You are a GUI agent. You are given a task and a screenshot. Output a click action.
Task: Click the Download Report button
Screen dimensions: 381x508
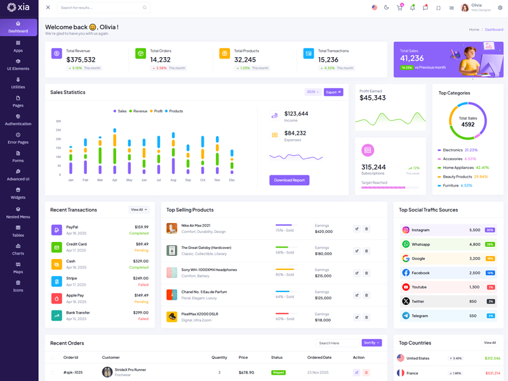tap(289, 180)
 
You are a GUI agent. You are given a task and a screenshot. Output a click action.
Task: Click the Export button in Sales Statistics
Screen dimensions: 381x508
tap(333, 92)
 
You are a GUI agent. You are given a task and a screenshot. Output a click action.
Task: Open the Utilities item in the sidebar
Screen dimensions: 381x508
tap(18, 83)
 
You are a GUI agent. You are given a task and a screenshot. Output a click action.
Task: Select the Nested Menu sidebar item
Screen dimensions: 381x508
tap(18, 213)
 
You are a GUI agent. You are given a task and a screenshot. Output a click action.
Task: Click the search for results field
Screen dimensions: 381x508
tap(102, 8)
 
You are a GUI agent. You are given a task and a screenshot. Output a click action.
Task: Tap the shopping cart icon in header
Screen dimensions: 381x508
tap(399, 8)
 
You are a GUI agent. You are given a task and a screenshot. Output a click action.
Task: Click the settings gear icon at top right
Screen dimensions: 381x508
tap(500, 8)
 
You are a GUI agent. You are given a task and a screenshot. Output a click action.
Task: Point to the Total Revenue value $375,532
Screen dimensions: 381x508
tap(81, 60)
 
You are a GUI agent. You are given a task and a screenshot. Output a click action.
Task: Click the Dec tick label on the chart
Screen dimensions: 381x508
tap(232, 180)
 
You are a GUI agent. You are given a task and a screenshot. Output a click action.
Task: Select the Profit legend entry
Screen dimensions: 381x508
tap(156, 111)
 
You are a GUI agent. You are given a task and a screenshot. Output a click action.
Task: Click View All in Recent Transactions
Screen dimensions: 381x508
tap(139, 210)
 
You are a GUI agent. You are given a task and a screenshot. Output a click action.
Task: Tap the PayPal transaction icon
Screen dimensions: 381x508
tap(57, 230)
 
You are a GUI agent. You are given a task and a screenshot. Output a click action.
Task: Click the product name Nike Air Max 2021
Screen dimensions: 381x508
tap(196, 225)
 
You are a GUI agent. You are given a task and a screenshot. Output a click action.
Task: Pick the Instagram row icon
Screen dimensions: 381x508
tap(406, 230)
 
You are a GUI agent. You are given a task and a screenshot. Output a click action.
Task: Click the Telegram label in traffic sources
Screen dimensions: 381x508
tap(420, 316)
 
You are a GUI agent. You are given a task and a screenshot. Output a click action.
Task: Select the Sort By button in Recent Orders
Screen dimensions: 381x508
tap(371, 343)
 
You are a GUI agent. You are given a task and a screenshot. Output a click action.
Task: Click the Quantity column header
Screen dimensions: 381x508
tap(219, 358)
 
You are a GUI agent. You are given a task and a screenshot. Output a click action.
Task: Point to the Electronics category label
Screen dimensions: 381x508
tap(453, 150)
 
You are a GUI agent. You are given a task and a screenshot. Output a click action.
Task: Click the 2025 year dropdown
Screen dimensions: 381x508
tap(312, 92)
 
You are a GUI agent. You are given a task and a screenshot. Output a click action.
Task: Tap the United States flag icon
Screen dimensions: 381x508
tap(401, 358)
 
